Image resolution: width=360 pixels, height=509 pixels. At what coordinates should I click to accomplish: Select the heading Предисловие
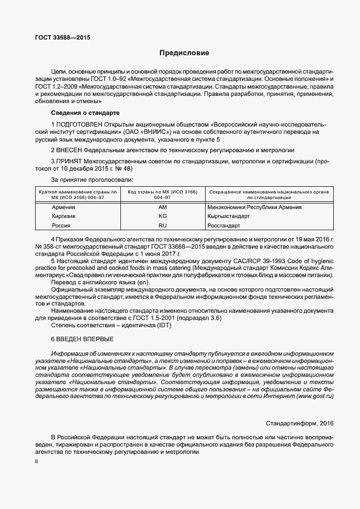tap(184, 54)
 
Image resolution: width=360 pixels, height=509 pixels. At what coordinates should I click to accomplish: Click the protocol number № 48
tap(125, 169)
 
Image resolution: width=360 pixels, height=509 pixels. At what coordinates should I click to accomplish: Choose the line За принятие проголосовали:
tap(92, 180)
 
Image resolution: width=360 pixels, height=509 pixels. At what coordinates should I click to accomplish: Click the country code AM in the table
tap(163, 207)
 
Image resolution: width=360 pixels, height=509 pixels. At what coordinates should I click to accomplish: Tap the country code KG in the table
tap(163, 216)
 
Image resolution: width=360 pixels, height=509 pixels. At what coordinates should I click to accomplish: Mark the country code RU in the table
tap(163, 226)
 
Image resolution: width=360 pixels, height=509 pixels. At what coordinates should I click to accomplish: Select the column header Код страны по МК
tap(163, 192)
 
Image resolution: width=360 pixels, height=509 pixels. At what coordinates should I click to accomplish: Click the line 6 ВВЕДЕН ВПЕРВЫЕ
tap(82, 339)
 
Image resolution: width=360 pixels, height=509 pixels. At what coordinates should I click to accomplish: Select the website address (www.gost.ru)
tap(315, 395)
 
